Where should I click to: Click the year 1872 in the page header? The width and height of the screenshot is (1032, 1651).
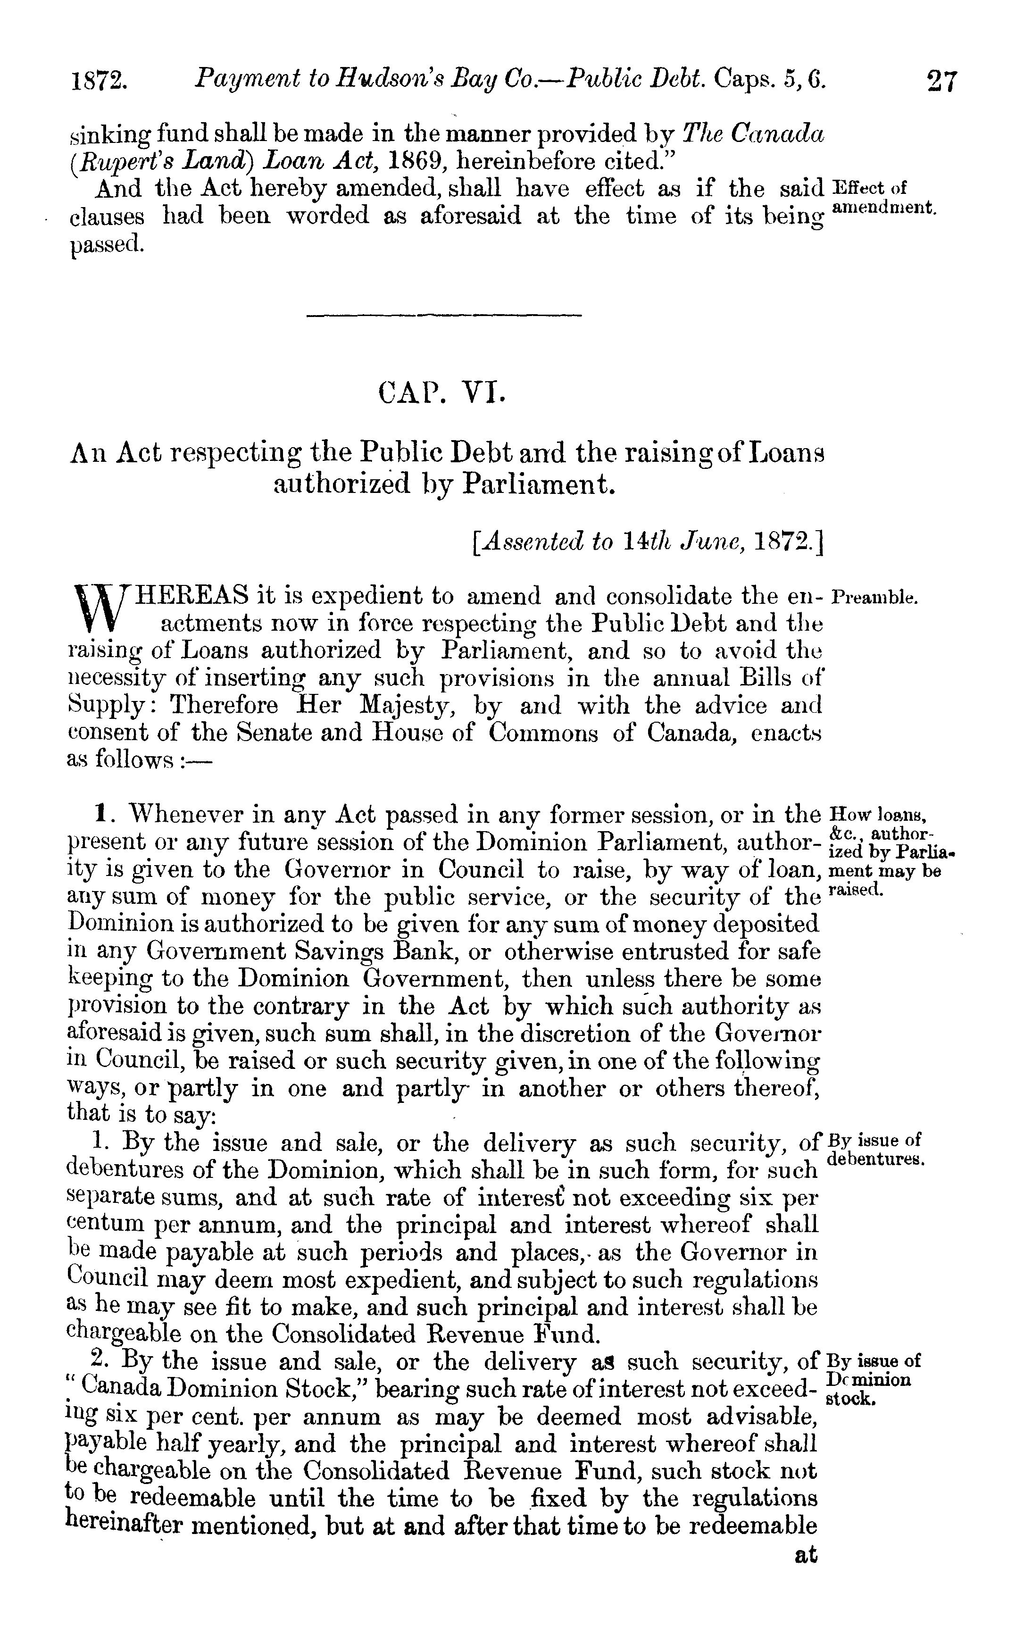point(100,82)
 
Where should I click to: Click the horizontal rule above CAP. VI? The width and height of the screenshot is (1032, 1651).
point(444,315)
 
